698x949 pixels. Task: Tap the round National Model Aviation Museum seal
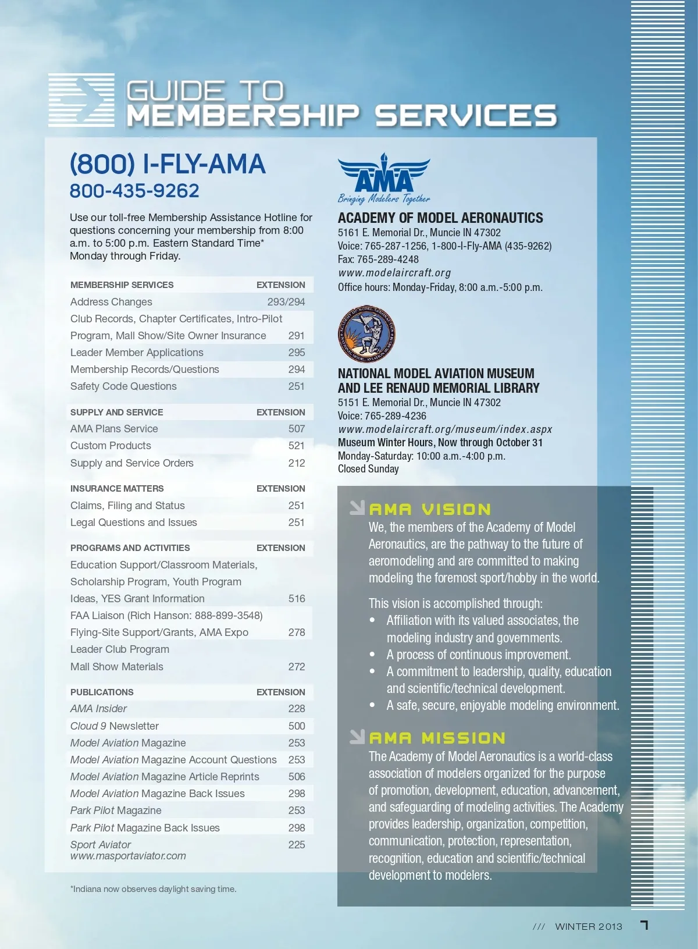pyautogui.click(x=366, y=334)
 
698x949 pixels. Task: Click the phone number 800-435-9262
pyautogui.click(x=134, y=191)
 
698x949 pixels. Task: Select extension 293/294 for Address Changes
pyautogui.click(x=286, y=302)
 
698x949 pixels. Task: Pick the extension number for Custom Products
pyautogui.click(x=296, y=446)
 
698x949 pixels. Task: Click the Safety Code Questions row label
pyautogui.click(x=123, y=386)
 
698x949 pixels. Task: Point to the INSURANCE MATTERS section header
pyautogui.click(x=117, y=489)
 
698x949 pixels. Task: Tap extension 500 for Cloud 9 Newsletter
pyautogui.click(x=296, y=726)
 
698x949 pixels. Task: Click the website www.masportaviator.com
pyautogui.click(x=128, y=856)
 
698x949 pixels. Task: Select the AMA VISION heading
pyautogui.click(x=430, y=510)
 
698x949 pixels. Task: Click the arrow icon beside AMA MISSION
pyautogui.click(x=357, y=737)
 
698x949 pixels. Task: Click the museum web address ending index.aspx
pyautogui.click(x=445, y=429)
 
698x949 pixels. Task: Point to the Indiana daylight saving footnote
pyautogui.click(x=153, y=889)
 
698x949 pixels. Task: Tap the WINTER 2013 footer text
pyautogui.click(x=589, y=926)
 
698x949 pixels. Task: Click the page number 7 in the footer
pyautogui.click(x=644, y=925)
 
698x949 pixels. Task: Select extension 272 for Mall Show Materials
pyautogui.click(x=296, y=667)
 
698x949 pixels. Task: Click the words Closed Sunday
pyautogui.click(x=368, y=469)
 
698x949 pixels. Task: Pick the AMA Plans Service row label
pyautogui.click(x=114, y=429)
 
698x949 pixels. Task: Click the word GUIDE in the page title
pyautogui.click(x=174, y=91)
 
